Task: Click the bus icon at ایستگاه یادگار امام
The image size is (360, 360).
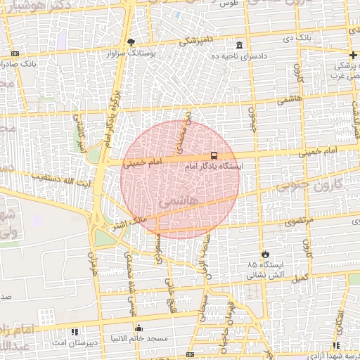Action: pos(213,155)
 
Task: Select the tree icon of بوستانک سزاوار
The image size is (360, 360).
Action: pos(131,41)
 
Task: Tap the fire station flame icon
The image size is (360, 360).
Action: pos(265,254)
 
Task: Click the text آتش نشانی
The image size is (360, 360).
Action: pos(264,276)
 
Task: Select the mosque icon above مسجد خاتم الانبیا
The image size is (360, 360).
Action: pos(139,328)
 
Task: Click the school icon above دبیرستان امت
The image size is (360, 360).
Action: pos(75,331)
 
